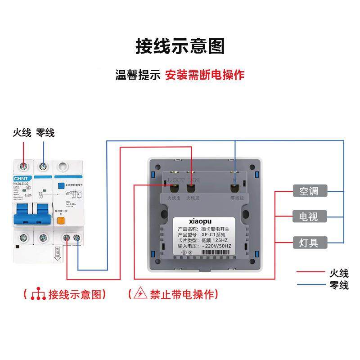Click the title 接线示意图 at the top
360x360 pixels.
pyautogui.click(x=180, y=46)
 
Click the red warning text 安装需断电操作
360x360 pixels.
pyautogui.click(x=204, y=75)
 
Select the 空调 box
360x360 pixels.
pyautogui.click(x=309, y=191)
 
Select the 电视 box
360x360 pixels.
pyautogui.click(x=309, y=217)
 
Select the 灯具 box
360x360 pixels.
pyautogui.click(x=309, y=243)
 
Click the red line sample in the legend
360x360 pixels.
pyautogui.click(x=310, y=272)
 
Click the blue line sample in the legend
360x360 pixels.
pyautogui.click(x=310, y=285)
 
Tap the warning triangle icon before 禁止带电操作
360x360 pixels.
pyautogui.click(x=141, y=294)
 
